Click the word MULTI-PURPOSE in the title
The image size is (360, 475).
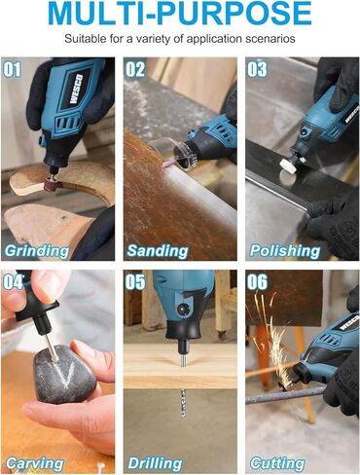coord(179,16)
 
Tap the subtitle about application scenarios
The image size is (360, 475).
coord(179,40)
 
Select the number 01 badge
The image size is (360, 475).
coord(14,70)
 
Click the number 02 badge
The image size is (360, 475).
coord(135,70)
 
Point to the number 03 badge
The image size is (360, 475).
coord(257,70)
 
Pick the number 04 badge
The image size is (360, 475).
coord(14,283)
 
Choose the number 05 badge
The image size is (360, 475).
coord(135,283)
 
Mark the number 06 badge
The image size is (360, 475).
coord(257,283)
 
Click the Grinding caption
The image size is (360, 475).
coord(37,250)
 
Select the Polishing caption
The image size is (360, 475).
coord(285,250)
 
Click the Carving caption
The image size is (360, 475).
coord(33,463)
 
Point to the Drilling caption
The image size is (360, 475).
coord(157,463)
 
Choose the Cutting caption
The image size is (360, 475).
coord(278,463)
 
